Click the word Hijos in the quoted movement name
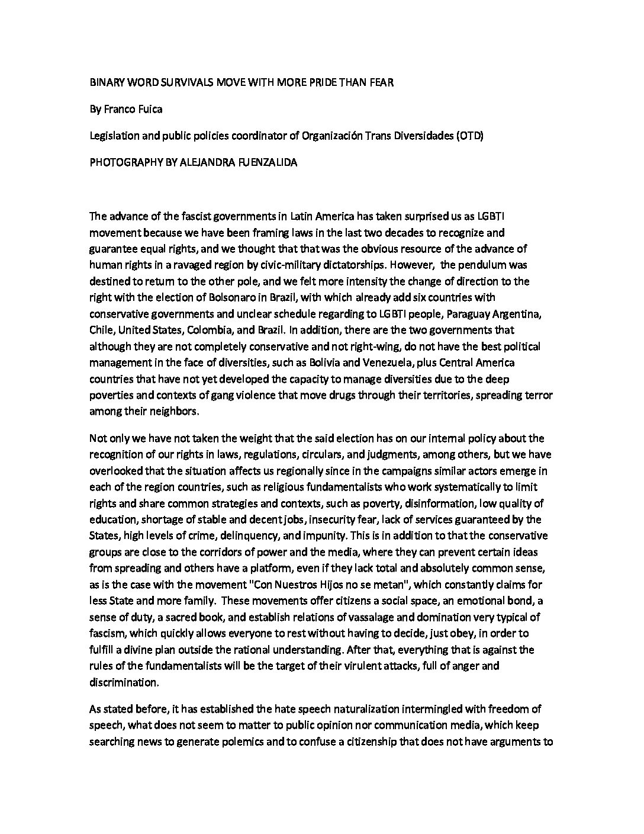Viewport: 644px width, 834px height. [353, 584]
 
